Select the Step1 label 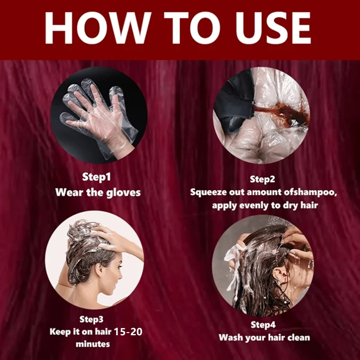click(96, 177)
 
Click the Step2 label click(262, 179)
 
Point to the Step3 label click(91, 319)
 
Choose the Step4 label click(263, 324)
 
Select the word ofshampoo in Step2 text click(310, 193)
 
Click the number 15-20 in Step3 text click(128, 332)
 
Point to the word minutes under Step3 click(93, 344)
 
